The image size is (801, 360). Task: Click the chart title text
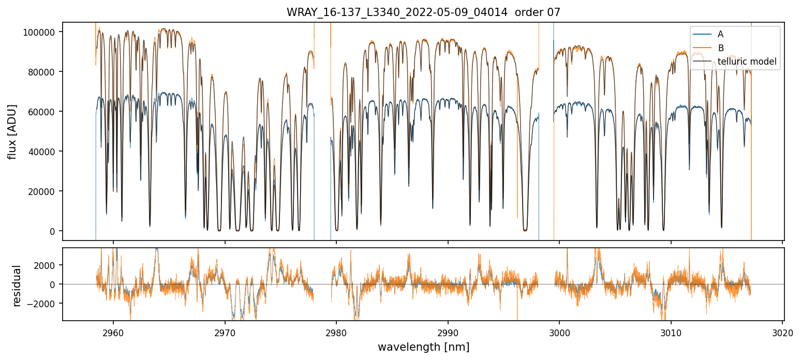point(423,12)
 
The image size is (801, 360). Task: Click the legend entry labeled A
point(720,34)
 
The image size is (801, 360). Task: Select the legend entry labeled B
point(720,48)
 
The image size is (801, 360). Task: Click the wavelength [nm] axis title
point(423,347)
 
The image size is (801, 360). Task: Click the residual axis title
point(17,286)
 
